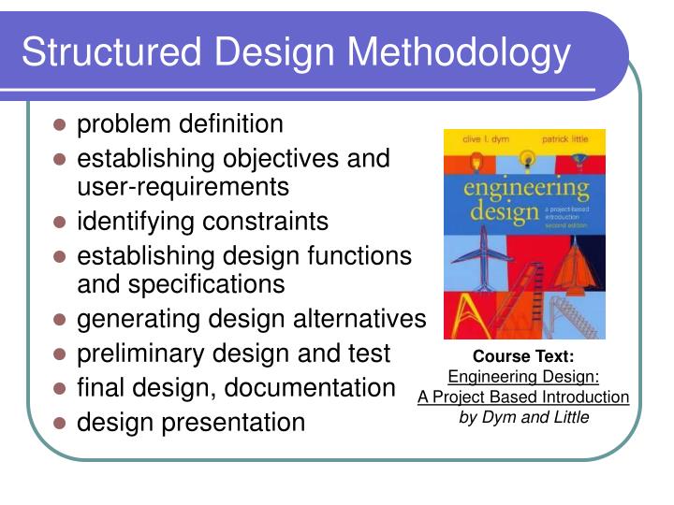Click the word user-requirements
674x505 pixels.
click(x=183, y=187)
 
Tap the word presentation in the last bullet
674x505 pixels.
click(x=234, y=422)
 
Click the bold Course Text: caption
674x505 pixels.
click(x=523, y=356)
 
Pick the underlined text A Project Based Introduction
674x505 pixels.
click(x=523, y=397)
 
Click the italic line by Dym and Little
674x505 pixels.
click(x=523, y=417)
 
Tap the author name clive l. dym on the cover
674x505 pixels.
click(x=477, y=137)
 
